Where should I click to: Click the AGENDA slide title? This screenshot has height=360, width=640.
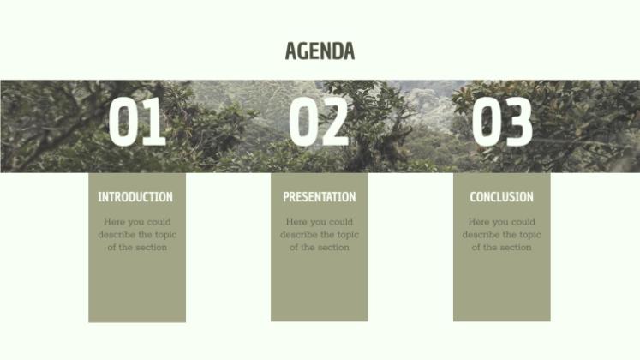pyautogui.click(x=320, y=51)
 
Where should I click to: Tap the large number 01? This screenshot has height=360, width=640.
pyautogui.click(x=137, y=122)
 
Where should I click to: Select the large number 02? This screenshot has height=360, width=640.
pyautogui.click(x=319, y=122)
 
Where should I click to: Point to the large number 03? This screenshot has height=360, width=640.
pyautogui.click(x=502, y=122)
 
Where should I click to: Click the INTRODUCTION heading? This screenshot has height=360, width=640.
pyautogui.click(x=135, y=197)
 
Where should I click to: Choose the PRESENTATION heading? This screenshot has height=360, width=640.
pyautogui.click(x=320, y=197)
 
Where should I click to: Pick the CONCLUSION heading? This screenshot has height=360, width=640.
pyautogui.click(x=501, y=197)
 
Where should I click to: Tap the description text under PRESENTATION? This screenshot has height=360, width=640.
pyautogui.click(x=320, y=235)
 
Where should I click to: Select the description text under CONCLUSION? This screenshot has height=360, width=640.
pyautogui.click(x=502, y=235)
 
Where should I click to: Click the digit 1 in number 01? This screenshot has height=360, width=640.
pyautogui.click(x=154, y=122)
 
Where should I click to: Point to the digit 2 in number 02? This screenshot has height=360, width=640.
pyautogui.click(x=335, y=122)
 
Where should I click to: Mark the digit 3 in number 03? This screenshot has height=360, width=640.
pyautogui.click(x=518, y=122)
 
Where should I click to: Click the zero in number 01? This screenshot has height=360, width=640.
pyautogui.click(x=123, y=122)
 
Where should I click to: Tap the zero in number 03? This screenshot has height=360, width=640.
pyautogui.click(x=486, y=122)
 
